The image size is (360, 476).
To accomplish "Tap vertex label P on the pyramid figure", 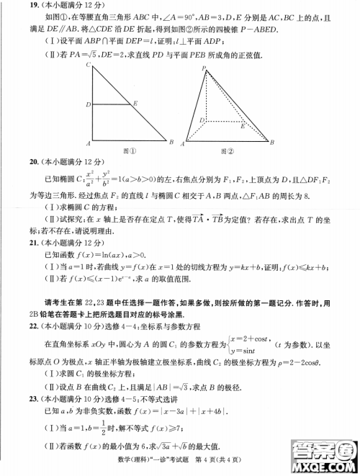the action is coord(204,68).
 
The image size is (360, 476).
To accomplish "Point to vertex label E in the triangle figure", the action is coord(136,104).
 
